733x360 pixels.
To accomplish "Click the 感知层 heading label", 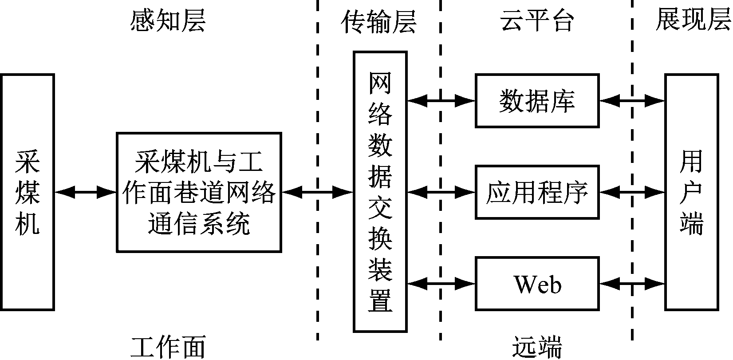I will [x=168, y=20].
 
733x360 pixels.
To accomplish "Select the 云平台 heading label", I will [x=537, y=20].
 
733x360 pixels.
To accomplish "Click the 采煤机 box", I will [x=28, y=192].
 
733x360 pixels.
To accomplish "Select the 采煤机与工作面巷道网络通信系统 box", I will [x=199, y=192].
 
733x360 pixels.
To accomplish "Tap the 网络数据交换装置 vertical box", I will [x=380, y=192].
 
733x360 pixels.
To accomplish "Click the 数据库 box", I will [x=537, y=101].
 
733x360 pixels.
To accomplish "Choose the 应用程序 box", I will [x=537, y=192].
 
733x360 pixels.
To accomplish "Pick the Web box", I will [x=537, y=283].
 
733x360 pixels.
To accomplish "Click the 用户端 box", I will [x=691, y=192].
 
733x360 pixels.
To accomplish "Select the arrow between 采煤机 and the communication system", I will [x=85, y=192].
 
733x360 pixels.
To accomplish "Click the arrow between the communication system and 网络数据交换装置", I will [x=317, y=192].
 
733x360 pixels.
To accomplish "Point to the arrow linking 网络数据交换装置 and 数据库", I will [x=441, y=101].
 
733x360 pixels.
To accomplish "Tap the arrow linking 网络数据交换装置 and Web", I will [x=441, y=283].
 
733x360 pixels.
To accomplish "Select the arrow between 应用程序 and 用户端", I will [x=632, y=192].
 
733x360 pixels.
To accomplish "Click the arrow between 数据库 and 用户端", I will [x=632, y=101].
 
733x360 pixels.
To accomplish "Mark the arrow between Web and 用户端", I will [x=632, y=283].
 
